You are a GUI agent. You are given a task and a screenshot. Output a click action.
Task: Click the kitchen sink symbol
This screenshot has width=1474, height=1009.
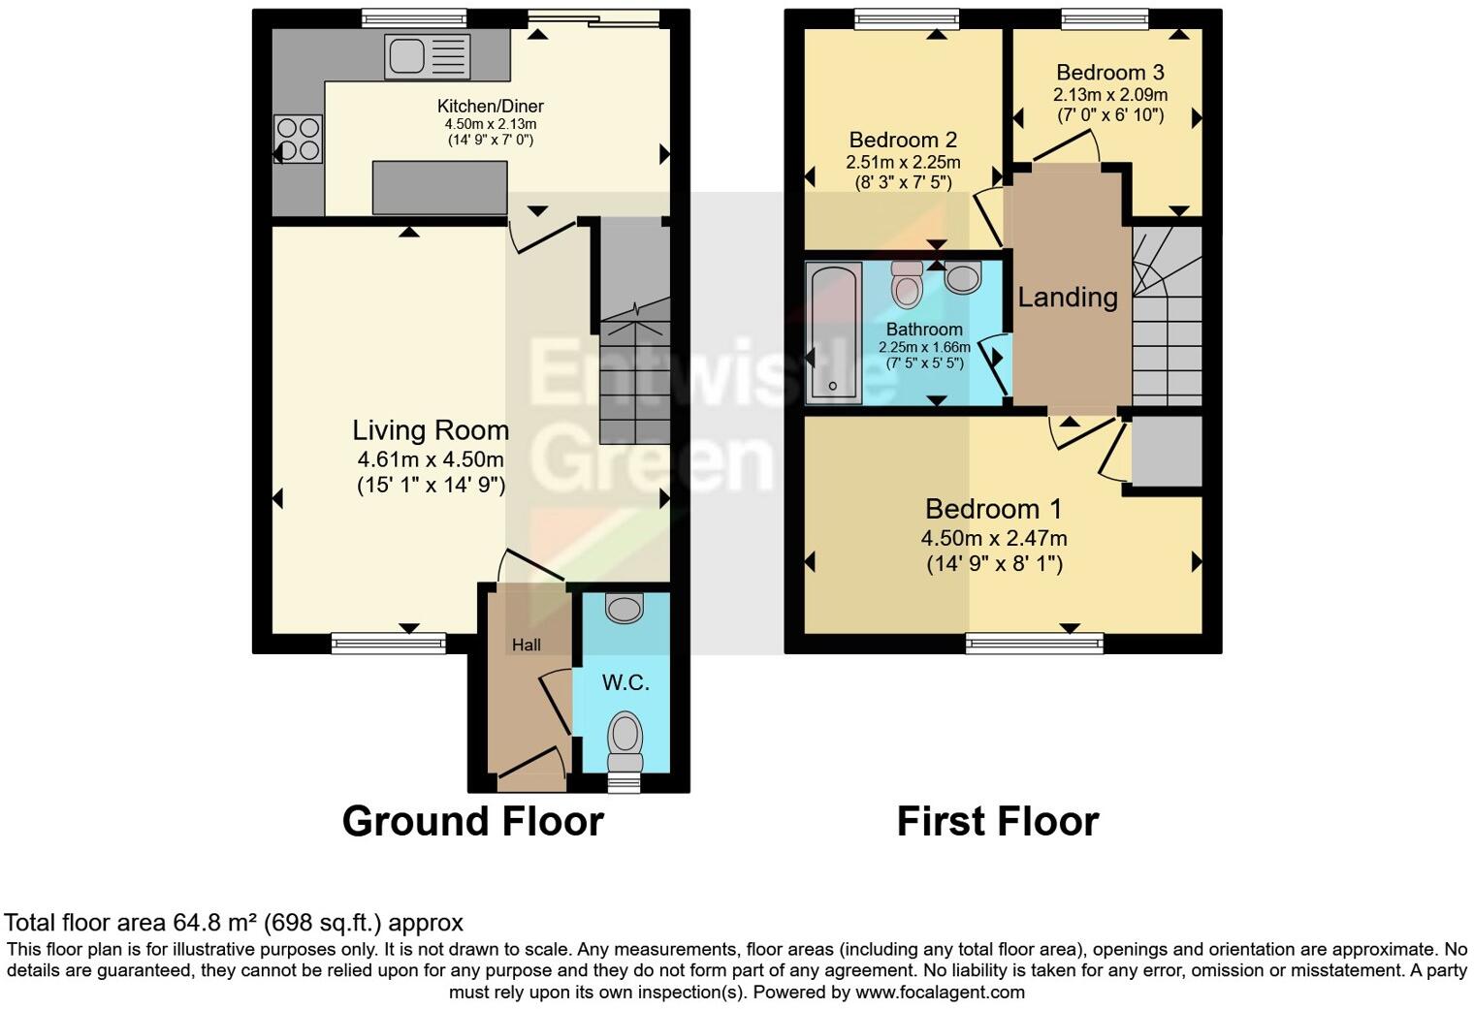tap(427, 56)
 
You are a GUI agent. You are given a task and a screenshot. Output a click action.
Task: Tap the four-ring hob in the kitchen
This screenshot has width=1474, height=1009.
tap(298, 139)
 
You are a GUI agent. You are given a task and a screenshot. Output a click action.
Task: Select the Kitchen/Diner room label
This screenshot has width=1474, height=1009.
tap(490, 106)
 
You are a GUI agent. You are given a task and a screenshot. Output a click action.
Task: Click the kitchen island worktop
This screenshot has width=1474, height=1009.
tap(440, 188)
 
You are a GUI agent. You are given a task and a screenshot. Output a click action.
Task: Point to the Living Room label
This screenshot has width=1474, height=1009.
tap(430, 430)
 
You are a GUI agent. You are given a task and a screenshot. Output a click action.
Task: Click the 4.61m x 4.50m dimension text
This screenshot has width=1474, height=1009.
tap(430, 459)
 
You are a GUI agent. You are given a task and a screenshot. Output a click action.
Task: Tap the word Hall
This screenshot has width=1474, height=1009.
tap(527, 645)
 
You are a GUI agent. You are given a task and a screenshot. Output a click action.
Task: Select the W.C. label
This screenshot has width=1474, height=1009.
tap(625, 683)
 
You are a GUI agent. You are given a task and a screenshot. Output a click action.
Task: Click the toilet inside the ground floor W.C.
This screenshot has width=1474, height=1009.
tap(625, 739)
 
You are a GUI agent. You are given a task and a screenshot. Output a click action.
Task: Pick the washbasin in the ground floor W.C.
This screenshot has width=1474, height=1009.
tap(624, 608)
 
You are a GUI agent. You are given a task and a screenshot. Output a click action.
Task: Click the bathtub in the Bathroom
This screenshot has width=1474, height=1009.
tap(834, 333)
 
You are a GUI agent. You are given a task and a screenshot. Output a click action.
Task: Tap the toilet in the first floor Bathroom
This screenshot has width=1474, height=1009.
tap(908, 283)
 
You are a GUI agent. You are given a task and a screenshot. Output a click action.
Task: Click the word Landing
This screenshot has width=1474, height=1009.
tap(1067, 297)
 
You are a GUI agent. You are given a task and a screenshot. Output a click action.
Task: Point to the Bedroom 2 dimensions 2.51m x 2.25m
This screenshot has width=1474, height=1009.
tap(903, 162)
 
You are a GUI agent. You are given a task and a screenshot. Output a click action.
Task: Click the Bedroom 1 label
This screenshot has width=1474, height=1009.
tap(993, 509)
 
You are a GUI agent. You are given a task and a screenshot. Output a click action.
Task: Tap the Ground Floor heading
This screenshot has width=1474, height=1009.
tap(472, 821)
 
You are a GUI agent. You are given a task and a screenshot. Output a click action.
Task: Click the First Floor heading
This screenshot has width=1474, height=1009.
tap(997, 821)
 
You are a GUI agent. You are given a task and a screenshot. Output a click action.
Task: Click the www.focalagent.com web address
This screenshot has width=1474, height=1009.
tap(939, 992)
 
